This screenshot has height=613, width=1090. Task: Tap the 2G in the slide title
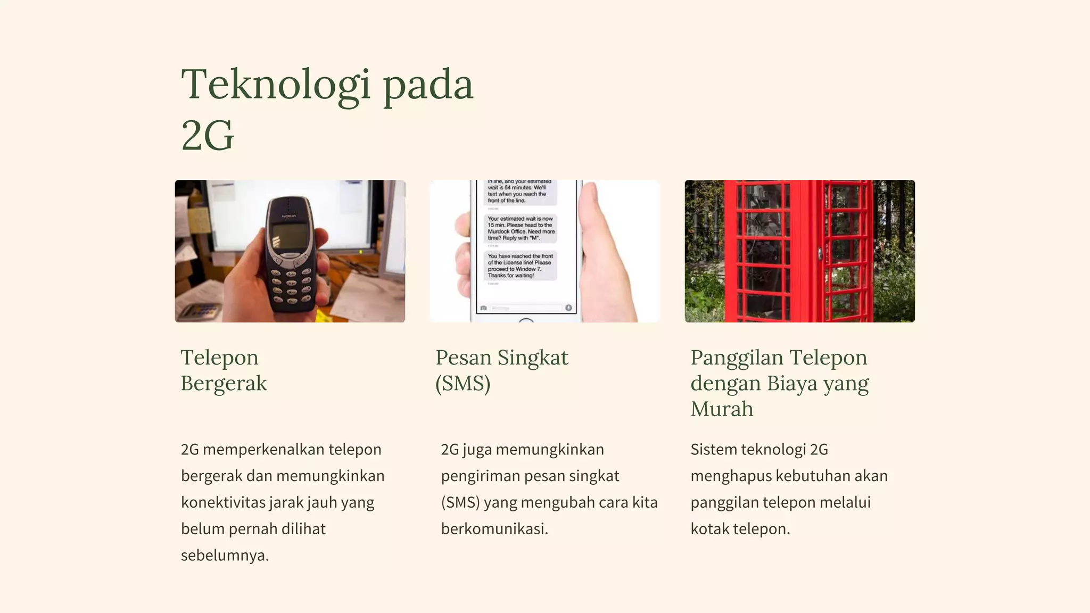[x=208, y=136]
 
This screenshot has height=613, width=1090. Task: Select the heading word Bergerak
[x=224, y=384]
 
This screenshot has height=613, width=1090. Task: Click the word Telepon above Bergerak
[x=219, y=358]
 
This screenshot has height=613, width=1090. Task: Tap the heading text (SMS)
[x=463, y=384]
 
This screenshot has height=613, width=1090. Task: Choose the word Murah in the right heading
[x=722, y=409]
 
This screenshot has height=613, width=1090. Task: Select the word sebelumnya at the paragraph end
[x=225, y=556]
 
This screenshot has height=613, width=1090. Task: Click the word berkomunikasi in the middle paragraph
[x=494, y=529]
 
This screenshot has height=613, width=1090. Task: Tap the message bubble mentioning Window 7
[x=521, y=266]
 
